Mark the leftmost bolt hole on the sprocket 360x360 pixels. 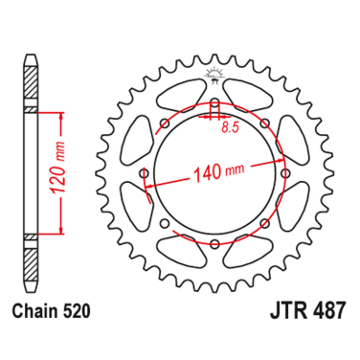(144, 174)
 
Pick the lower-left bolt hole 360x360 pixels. (164, 224)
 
